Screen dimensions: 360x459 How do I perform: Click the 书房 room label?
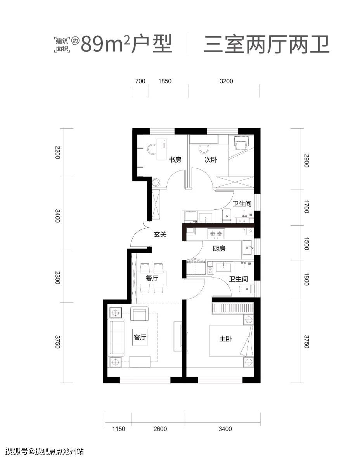click(x=175, y=160)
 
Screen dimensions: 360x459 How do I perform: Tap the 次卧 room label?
click(x=211, y=160)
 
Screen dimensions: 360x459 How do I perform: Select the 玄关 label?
click(x=160, y=234)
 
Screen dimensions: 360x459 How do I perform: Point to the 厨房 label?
click(x=219, y=249)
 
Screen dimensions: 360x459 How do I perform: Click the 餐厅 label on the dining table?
click(x=152, y=278)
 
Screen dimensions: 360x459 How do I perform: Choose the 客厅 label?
click(x=140, y=337)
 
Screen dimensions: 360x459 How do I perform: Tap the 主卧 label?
click(x=225, y=339)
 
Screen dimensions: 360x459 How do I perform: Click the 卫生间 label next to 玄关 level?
click(x=242, y=203)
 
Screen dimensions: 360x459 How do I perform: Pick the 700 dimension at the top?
click(x=140, y=81)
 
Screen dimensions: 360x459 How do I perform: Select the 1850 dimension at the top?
click(x=165, y=81)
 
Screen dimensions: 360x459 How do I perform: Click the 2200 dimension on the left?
click(x=57, y=152)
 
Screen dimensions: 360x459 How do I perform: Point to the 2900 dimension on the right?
click(x=306, y=160)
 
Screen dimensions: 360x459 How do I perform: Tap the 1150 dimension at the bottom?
click(x=118, y=429)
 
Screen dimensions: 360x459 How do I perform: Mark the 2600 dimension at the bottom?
click(x=160, y=429)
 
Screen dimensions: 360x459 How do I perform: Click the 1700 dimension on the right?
click(x=306, y=207)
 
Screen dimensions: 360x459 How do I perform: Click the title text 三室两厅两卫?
click(x=267, y=45)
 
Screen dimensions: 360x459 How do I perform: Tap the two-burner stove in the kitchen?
click(x=216, y=234)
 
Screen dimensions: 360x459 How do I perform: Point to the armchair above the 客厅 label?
click(x=140, y=313)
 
